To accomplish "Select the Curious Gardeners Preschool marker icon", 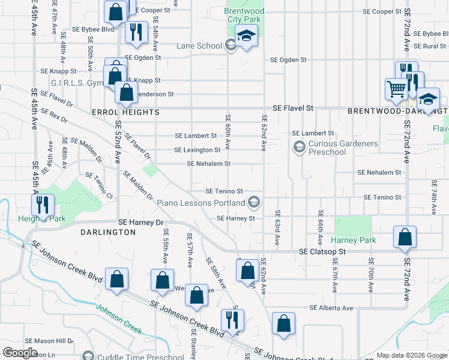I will coord(298,146).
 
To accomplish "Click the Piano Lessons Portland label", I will coord(201,203).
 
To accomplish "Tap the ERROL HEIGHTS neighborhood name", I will coord(125,112).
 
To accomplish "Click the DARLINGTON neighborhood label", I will coord(103,231).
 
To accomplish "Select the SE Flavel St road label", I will coord(293,108).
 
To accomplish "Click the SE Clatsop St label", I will coord(323,252).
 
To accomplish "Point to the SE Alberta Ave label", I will coord(331,308).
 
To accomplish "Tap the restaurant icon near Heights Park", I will coord(42,204).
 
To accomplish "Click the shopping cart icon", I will coord(396,89).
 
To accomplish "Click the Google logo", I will coord(20,353).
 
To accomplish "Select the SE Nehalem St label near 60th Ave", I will coord(208,163).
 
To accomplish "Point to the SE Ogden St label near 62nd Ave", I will coord(288,60).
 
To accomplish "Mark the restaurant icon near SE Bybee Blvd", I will coord(137,31).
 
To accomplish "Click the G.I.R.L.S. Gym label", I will coord(77,83).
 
